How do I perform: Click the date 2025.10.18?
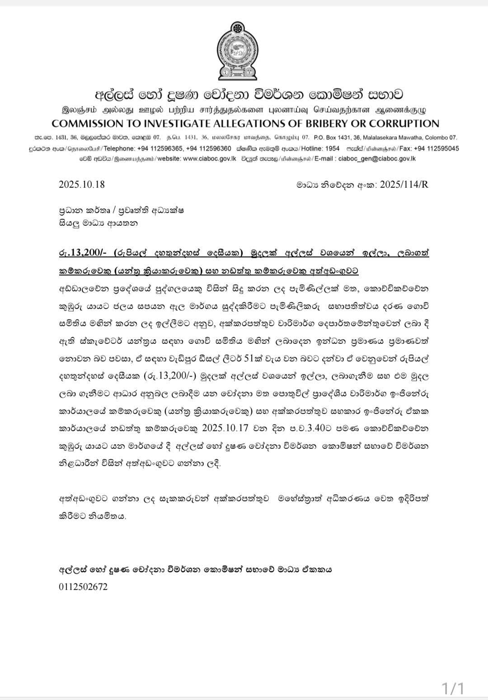tap(82, 184)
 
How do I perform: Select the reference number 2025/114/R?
tap(404, 184)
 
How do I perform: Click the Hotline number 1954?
tap(332, 148)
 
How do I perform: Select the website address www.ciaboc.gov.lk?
tap(210, 158)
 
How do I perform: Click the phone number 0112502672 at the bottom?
tap(83, 586)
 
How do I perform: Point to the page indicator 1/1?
tap(453, 688)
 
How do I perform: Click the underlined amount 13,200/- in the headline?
tap(88, 252)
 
